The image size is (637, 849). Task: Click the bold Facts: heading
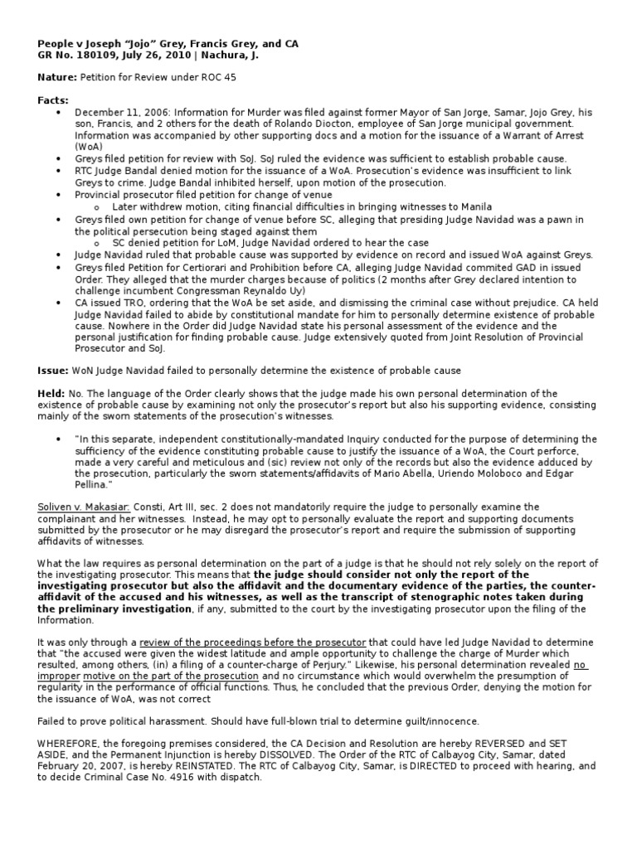(x=53, y=99)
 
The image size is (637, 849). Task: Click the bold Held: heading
(x=53, y=392)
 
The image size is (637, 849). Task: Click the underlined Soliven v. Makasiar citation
(x=84, y=506)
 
